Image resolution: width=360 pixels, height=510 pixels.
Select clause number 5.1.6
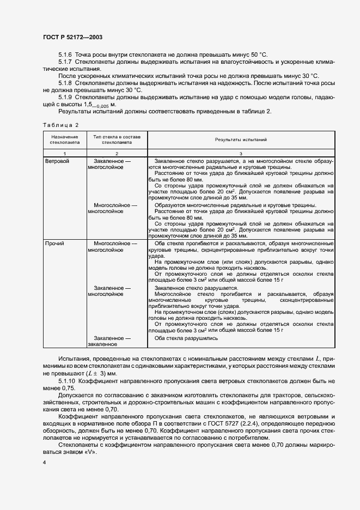click(65, 55)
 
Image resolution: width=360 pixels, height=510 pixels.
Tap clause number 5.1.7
click(65, 62)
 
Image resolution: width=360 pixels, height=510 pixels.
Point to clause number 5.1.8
click(65, 83)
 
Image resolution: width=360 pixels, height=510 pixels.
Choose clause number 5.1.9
click(65, 97)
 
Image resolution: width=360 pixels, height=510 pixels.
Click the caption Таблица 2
click(61, 125)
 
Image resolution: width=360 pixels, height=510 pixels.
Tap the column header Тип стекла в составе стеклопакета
click(117, 140)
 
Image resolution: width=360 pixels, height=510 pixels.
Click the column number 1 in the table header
click(65, 154)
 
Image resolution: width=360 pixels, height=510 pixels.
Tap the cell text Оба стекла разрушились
click(186, 353)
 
